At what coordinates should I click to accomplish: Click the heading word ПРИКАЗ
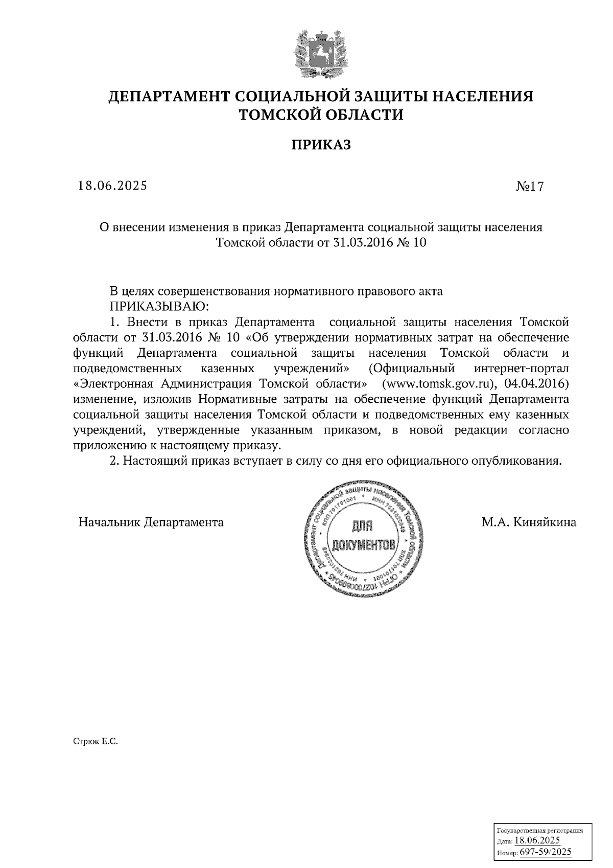321,146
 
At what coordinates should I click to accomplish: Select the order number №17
530,187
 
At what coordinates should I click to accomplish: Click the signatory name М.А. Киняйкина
529,522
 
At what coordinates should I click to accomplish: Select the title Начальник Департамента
151,522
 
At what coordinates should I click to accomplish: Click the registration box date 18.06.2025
537,840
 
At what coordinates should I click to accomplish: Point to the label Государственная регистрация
539,831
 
